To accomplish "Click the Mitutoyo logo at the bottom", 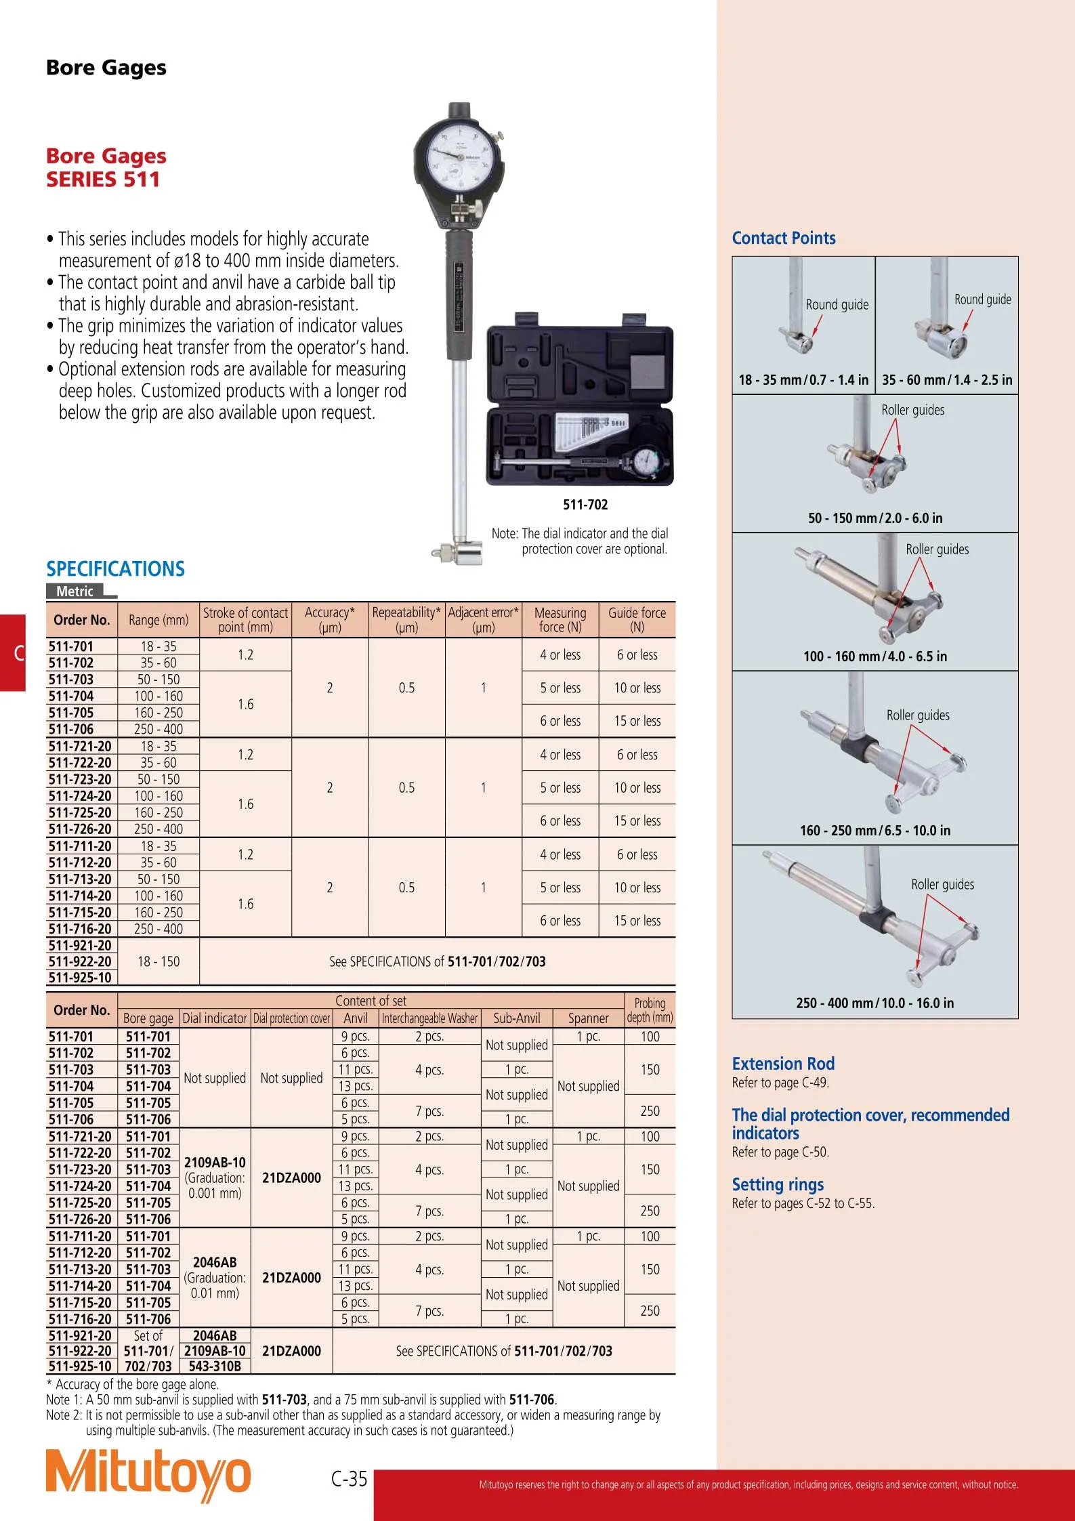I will (148, 1476).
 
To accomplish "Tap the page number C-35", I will (350, 1478).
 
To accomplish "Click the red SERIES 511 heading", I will (103, 180).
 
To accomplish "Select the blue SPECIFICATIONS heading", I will (115, 568).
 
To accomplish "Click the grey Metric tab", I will (75, 591).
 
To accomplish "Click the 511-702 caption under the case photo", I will (585, 505).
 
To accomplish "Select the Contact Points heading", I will (784, 238).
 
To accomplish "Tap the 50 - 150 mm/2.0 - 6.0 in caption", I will (874, 518).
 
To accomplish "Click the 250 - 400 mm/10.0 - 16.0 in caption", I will (874, 1003).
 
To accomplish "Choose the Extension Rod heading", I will (783, 1064).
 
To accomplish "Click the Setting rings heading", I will (778, 1184).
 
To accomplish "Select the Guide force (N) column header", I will (637, 620).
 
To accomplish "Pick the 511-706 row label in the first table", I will (71, 729).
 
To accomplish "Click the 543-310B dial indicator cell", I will (215, 1367).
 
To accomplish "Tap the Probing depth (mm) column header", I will (650, 1010).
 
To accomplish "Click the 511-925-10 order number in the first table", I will (80, 978).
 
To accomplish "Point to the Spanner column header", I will (588, 1018).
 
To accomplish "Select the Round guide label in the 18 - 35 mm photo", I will (837, 305).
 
